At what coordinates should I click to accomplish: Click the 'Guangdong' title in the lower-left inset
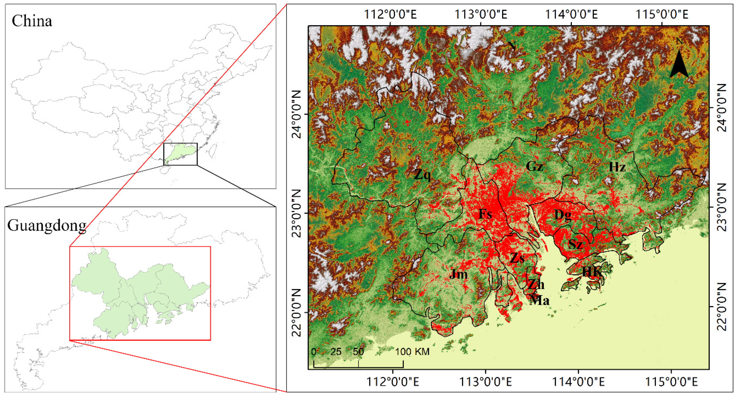(47, 226)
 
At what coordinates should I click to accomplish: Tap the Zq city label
(422, 175)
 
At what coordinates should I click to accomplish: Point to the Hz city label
(617, 167)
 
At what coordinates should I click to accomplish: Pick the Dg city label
(563, 215)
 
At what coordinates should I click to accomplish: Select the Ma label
(539, 300)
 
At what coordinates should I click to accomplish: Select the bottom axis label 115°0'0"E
(671, 382)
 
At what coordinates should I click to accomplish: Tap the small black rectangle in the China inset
(180, 154)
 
